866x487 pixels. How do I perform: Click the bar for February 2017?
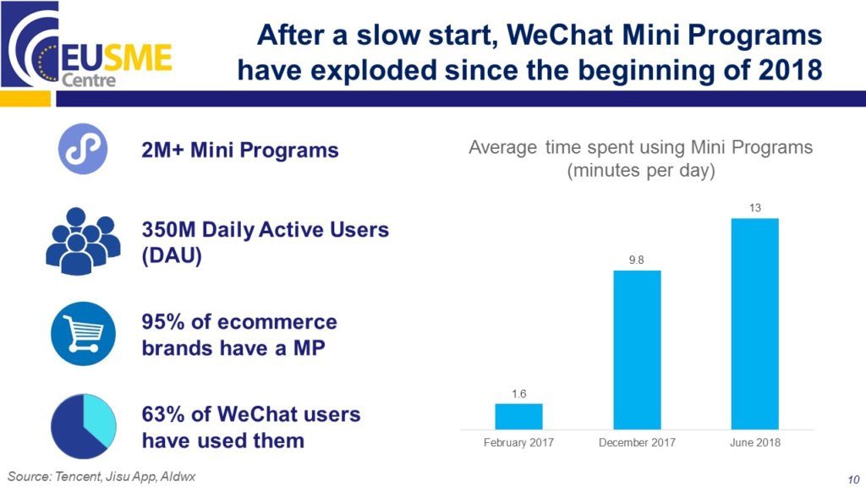pos(518,416)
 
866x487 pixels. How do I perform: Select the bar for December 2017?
pos(637,350)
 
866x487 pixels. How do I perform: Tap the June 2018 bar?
pos(755,324)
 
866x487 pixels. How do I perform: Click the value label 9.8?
pos(636,260)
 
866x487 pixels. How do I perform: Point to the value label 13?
pos(755,208)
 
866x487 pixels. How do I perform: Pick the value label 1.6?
pos(518,394)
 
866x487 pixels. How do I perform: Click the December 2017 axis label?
pos(637,442)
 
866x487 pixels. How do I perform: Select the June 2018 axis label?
pos(755,442)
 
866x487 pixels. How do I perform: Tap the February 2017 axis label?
pos(518,442)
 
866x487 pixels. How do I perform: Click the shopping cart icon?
pos(84,333)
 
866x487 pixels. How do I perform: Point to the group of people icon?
pos(83,241)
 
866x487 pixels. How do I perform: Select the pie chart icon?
pos(84,426)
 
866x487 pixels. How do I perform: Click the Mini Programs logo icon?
pos(83,149)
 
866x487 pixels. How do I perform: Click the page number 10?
pos(853,479)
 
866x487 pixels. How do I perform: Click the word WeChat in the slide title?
pos(560,35)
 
